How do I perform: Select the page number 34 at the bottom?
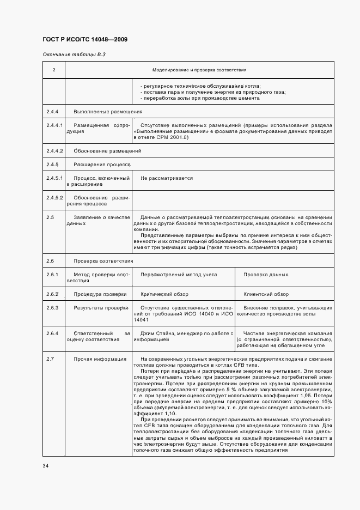[45, 466]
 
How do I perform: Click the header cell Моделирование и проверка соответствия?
[199, 70]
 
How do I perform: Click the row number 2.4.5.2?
[54, 197]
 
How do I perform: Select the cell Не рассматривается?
[167, 178]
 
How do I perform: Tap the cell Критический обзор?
[164, 294]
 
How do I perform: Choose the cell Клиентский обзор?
[266, 294]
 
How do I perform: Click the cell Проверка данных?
[266, 275]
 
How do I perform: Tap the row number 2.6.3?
[52, 308]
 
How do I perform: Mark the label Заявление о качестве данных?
[97, 221]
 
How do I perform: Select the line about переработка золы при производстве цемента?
[200, 98]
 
